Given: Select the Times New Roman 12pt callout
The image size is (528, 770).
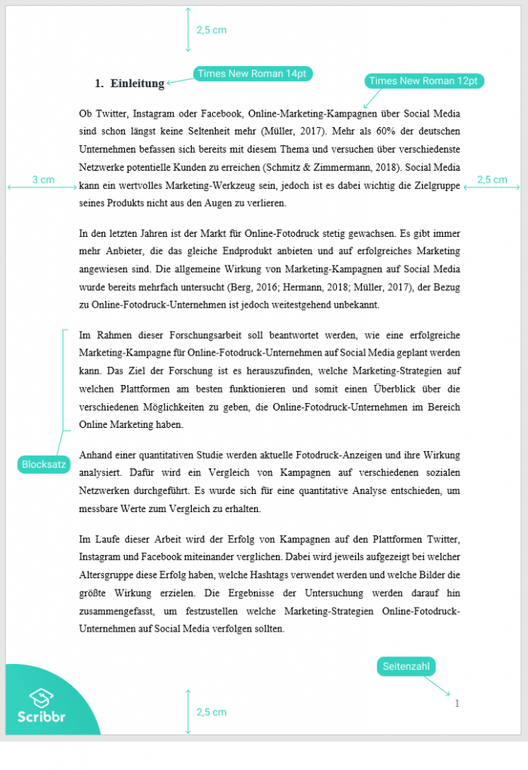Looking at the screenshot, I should pos(424,81).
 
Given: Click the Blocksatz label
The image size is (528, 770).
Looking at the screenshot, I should pos(44,465).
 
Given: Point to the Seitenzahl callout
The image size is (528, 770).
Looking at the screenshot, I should pos(406,666).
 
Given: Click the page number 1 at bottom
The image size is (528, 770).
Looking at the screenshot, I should pos(457,704).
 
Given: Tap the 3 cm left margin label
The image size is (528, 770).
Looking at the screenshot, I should pos(43,180).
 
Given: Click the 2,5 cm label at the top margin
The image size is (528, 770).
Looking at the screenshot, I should pos(211,30).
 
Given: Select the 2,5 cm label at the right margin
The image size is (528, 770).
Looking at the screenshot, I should pos(492,180).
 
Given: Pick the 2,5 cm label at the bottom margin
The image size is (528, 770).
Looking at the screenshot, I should pos(211,711).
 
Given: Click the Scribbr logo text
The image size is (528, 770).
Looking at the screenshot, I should pos(41,717).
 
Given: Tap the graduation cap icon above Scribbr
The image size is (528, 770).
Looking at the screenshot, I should pos(41,698).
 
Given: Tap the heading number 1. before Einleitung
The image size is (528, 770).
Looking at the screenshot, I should pos(99,83).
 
